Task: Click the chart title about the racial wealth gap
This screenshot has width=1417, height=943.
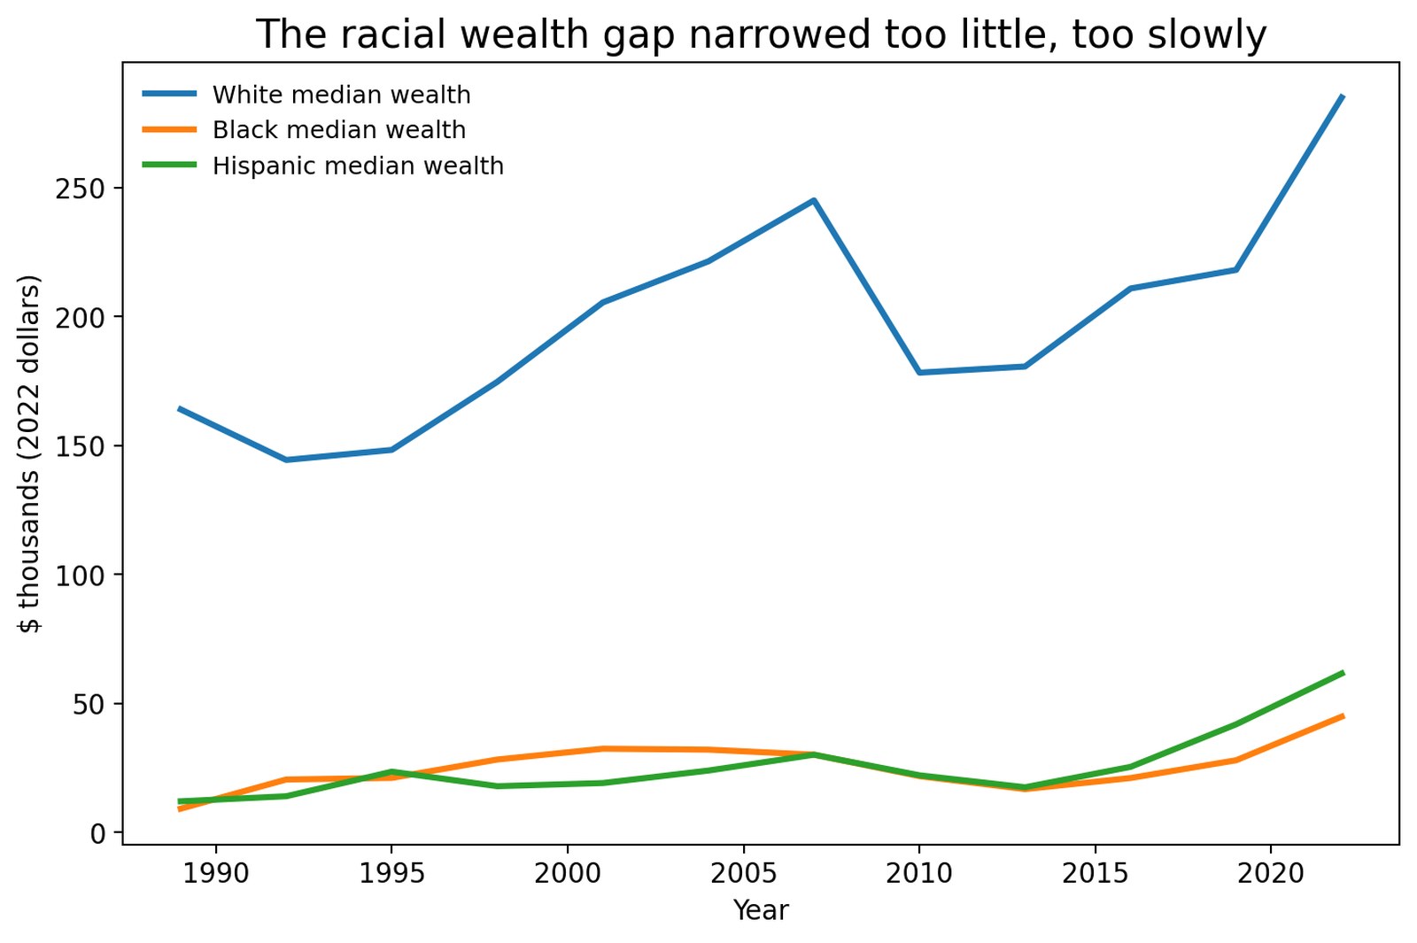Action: click(761, 35)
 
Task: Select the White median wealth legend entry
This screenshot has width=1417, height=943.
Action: click(341, 95)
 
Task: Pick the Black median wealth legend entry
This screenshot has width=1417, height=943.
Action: click(338, 130)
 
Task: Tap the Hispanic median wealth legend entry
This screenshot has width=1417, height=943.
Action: click(358, 166)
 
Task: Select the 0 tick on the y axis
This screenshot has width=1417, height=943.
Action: click(97, 832)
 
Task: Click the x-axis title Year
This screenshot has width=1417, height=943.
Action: click(761, 910)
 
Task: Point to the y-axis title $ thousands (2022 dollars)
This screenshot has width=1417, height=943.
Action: click(30, 453)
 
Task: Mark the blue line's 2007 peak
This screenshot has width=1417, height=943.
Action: click(813, 200)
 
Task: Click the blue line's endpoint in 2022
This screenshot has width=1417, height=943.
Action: click(1343, 96)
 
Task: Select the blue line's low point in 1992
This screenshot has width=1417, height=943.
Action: click(285, 460)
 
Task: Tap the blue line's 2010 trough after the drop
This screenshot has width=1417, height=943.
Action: click(919, 373)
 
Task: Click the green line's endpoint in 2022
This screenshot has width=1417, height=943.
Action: click(1343, 673)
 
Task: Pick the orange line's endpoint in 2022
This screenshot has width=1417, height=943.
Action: click(1343, 715)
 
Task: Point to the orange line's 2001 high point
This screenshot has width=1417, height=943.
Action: click(602, 748)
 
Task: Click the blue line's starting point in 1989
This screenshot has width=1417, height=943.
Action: click(180, 408)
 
